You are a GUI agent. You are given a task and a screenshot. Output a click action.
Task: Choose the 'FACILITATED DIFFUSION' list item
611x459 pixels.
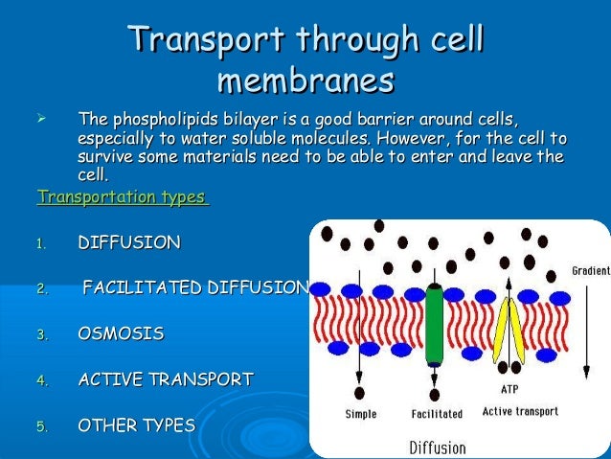point(195,287)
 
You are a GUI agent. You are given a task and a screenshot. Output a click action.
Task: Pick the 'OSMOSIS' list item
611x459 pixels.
point(120,333)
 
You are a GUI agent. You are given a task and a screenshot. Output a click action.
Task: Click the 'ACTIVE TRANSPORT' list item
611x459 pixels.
point(165,379)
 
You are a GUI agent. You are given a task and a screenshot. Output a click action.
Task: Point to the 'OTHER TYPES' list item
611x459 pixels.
point(135,425)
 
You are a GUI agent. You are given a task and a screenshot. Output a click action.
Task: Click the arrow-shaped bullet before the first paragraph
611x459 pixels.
point(40,120)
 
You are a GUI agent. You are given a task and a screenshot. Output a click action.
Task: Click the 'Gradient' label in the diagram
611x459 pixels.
point(590,271)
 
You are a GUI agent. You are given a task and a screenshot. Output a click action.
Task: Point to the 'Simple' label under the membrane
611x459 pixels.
point(360,415)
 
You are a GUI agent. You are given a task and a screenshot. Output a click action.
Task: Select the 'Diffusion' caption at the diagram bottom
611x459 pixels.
point(437,447)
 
